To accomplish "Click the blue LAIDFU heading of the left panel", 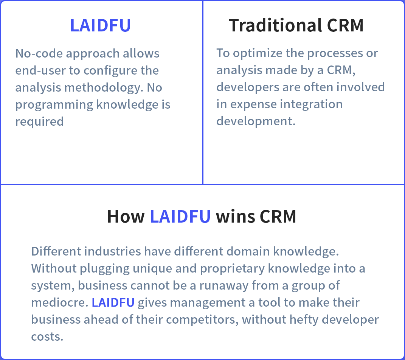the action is click(x=101, y=25).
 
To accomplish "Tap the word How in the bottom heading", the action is click(x=126, y=216).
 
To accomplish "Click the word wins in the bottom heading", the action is click(x=235, y=216).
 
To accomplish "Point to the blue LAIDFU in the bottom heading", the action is click(x=180, y=216).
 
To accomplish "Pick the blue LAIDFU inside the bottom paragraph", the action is click(x=113, y=302).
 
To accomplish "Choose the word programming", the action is click(x=54, y=105).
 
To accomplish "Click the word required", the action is click(x=40, y=122).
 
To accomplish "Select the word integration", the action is click(x=311, y=104).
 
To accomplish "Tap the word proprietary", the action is click(x=232, y=268).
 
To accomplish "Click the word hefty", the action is click(x=304, y=319).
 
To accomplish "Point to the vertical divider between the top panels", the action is click(x=203, y=92).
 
